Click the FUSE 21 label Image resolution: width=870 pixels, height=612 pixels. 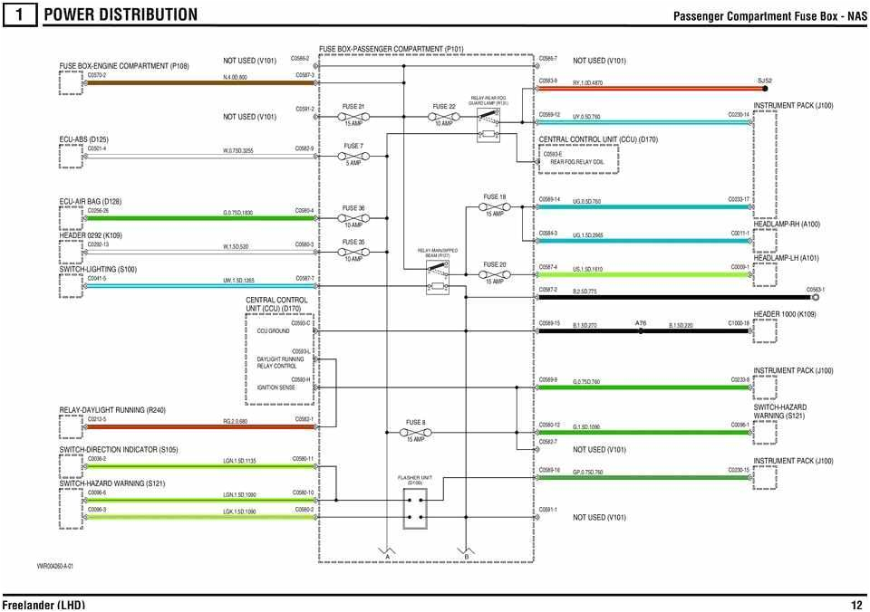point(353,106)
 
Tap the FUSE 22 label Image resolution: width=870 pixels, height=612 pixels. point(444,106)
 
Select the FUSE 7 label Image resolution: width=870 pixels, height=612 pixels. point(353,146)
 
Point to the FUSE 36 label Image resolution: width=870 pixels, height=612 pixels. point(353,208)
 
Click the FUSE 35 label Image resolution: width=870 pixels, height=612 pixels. point(353,242)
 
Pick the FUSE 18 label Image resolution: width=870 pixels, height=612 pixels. point(495,196)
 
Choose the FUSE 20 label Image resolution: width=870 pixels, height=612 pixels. point(495,264)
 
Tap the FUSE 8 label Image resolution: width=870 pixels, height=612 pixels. point(415,422)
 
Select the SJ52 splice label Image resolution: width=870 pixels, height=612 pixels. point(765,81)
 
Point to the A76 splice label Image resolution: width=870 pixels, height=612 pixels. point(641,323)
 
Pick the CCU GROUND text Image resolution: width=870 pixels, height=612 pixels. point(273,331)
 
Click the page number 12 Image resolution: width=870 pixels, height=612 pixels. point(856,605)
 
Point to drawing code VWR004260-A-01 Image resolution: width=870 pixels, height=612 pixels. point(54,566)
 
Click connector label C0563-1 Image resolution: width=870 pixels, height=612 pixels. point(816,290)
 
